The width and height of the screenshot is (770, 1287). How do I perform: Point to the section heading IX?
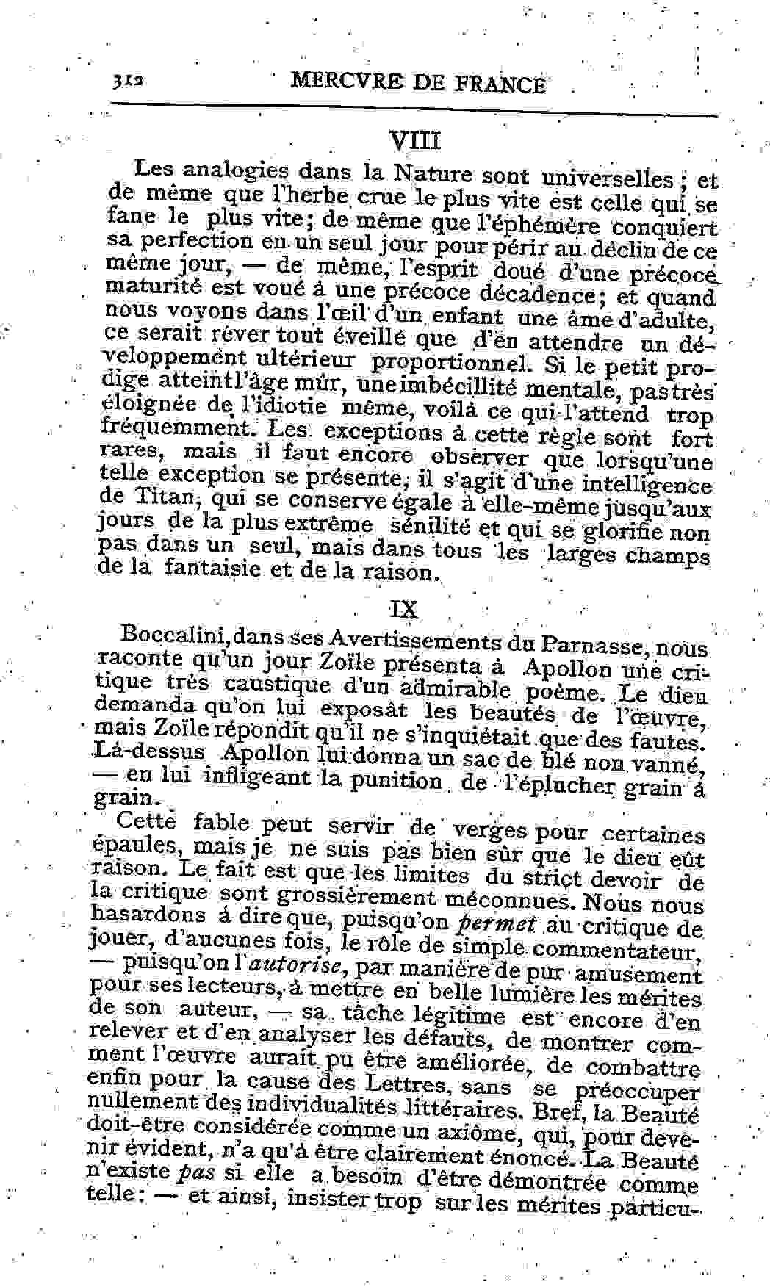pyautogui.click(x=403, y=609)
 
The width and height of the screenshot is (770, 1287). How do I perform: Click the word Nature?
pyautogui.click(x=432, y=174)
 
